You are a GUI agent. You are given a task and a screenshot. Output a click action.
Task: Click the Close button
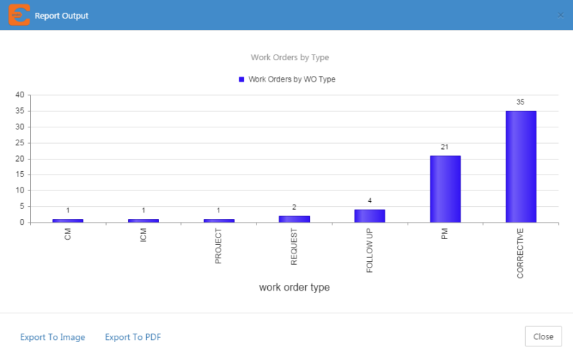pyautogui.click(x=543, y=337)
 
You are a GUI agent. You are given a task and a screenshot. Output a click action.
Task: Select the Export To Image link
pyautogui.click(x=52, y=337)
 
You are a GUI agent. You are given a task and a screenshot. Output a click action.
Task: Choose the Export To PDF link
pyautogui.click(x=133, y=337)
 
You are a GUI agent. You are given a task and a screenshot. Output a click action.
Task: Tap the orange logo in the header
pyautogui.click(x=19, y=15)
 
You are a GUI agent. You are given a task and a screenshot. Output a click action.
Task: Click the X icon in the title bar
pyautogui.click(x=560, y=15)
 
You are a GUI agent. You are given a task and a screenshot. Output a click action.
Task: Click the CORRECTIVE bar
pyautogui.click(x=521, y=167)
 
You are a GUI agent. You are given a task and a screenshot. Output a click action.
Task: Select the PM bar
pyautogui.click(x=445, y=189)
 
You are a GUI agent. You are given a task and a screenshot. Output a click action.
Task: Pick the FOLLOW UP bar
pyautogui.click(x=370, y=216)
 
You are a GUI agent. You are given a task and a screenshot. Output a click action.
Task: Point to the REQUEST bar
pyautogui.click(x=294, y=219)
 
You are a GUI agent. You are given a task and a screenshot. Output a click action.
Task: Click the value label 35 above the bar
pyautogui.click(x=521, y=102)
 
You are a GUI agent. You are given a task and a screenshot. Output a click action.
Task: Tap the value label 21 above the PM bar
pyautogui.click(x=445, y=147)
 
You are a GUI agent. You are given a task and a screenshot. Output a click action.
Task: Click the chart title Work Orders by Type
pyautogui.click(x=289, y=57)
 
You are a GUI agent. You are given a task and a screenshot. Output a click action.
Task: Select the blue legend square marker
pyautogui.click(x=241, y=79)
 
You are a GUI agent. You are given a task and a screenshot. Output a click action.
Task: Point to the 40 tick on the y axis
pyautogui.click(x=20, y=95)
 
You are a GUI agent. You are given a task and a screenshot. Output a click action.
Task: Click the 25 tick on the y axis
pyautogui.click(x=20, y=143)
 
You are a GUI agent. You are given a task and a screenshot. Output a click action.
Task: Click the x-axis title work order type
pyautogui.click(x=294, y=288)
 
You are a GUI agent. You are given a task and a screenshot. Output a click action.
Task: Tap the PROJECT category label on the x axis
pyautogui.click(x=218, y=247)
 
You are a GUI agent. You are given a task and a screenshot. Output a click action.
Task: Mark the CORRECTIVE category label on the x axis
pyautogui.click(x=521, y=252)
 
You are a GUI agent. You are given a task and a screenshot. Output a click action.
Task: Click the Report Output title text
pyautogui.click(x=62, y=15)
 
